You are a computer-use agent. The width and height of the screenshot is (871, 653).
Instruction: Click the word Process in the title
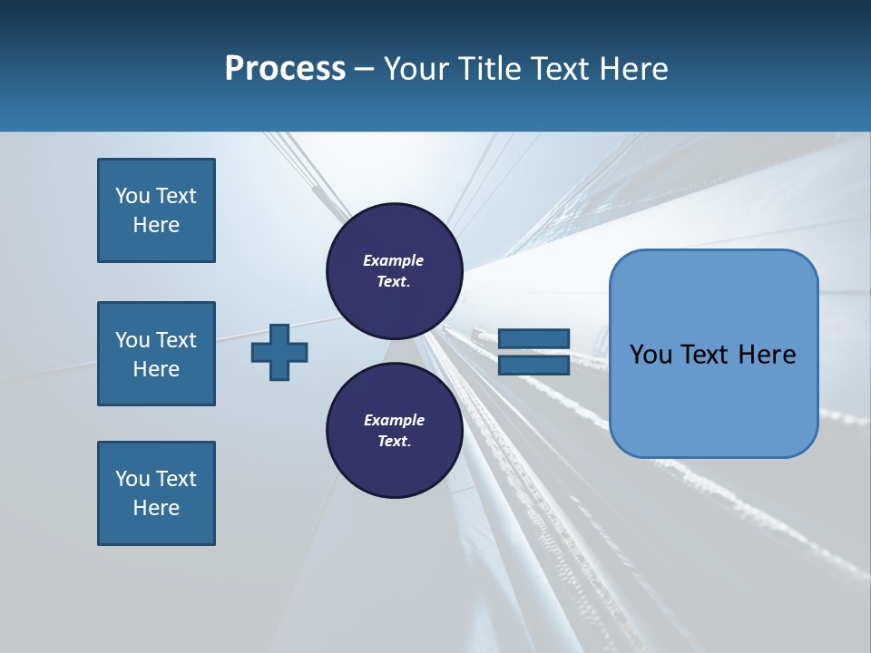tap(285, 69)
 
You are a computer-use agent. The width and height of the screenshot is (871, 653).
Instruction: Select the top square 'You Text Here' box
tap(156, 210)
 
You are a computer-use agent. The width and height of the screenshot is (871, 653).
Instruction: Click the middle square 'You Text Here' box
tap(156, 354)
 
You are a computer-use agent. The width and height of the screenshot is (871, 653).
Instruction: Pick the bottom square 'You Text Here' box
tap(156, 493)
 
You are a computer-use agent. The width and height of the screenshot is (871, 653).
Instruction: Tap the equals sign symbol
tap(533, 352)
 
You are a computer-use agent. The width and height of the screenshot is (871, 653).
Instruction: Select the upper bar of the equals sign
tap(533, 339)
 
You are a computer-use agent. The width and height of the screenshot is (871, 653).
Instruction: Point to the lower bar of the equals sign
tap(533, 365)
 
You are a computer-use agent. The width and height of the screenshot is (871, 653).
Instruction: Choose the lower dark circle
tap(394, 431)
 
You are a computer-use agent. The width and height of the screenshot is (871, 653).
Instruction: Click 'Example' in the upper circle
tap(394, 260)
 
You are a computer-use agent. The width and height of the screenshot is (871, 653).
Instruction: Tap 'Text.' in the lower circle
tap(394, 442)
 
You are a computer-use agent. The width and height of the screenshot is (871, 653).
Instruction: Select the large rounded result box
tap(713, 354)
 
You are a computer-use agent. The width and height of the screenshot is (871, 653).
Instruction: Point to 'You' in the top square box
tap(132, 196)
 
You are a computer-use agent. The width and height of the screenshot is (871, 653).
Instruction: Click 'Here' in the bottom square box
tap(156, 508)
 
